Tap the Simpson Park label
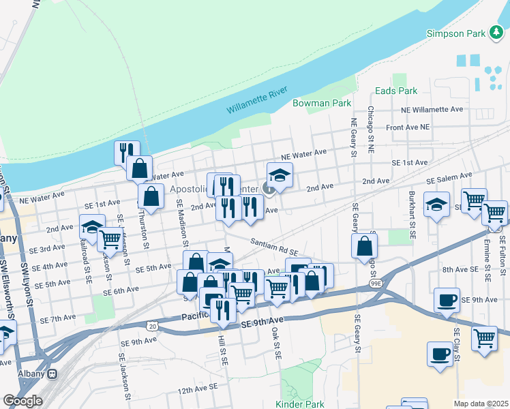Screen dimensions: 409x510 click(455, 33)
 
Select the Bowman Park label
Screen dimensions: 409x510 click(322, 104)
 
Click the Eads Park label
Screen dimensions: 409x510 click(395, 91)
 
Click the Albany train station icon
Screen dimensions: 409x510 click(52, 374)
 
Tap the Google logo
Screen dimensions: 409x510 click(22, 401)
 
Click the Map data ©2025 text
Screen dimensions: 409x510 click(480, 404)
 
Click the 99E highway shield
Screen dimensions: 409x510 click(376, 282)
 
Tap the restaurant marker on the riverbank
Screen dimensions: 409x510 click(127, 152)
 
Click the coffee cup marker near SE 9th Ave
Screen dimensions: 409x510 click(447, 299)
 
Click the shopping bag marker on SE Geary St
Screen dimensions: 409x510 click(365, 246)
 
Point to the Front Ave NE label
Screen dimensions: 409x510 click(408, 127)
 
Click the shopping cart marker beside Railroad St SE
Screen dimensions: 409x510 click(110, 239)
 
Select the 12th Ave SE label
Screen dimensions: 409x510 click(198, 388)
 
